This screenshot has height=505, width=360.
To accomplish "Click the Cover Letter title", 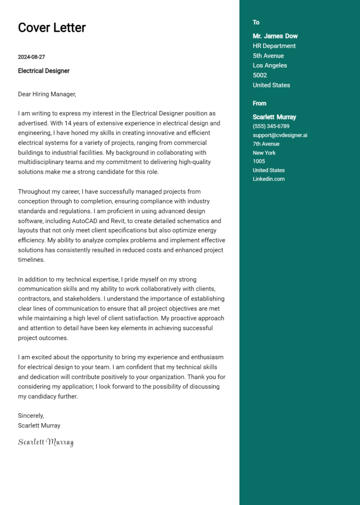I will click(52, 28).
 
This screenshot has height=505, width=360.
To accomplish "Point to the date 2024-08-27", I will click(31, 57).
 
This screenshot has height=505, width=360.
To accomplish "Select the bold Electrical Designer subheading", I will click(44, 71).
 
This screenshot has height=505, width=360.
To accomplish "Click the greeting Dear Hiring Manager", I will click(47, 94).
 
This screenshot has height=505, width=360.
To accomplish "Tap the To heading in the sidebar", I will click(256, 22).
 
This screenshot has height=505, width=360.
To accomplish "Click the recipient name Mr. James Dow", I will click(275, 36).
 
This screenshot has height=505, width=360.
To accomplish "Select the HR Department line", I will click(274, 46).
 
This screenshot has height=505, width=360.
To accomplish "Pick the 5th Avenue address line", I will click(268, 56).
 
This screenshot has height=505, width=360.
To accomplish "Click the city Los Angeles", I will click(270, 66).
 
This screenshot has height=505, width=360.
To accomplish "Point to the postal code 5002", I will click(260, 75).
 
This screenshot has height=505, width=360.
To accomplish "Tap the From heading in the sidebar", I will click(259, 104).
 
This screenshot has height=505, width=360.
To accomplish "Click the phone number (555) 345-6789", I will click(271, 126).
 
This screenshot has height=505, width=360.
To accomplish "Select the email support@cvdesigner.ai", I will click(280, 135).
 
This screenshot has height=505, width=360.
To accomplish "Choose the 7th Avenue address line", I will click(266, 144).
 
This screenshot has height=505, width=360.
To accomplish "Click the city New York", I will click(264, 153).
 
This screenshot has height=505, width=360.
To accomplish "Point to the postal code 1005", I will click(259, 162).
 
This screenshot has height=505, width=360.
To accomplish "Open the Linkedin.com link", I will click(269, 179).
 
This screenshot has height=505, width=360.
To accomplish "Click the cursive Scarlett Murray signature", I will click(45, 442).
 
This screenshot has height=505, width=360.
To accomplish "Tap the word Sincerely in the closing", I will click(31, 416).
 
